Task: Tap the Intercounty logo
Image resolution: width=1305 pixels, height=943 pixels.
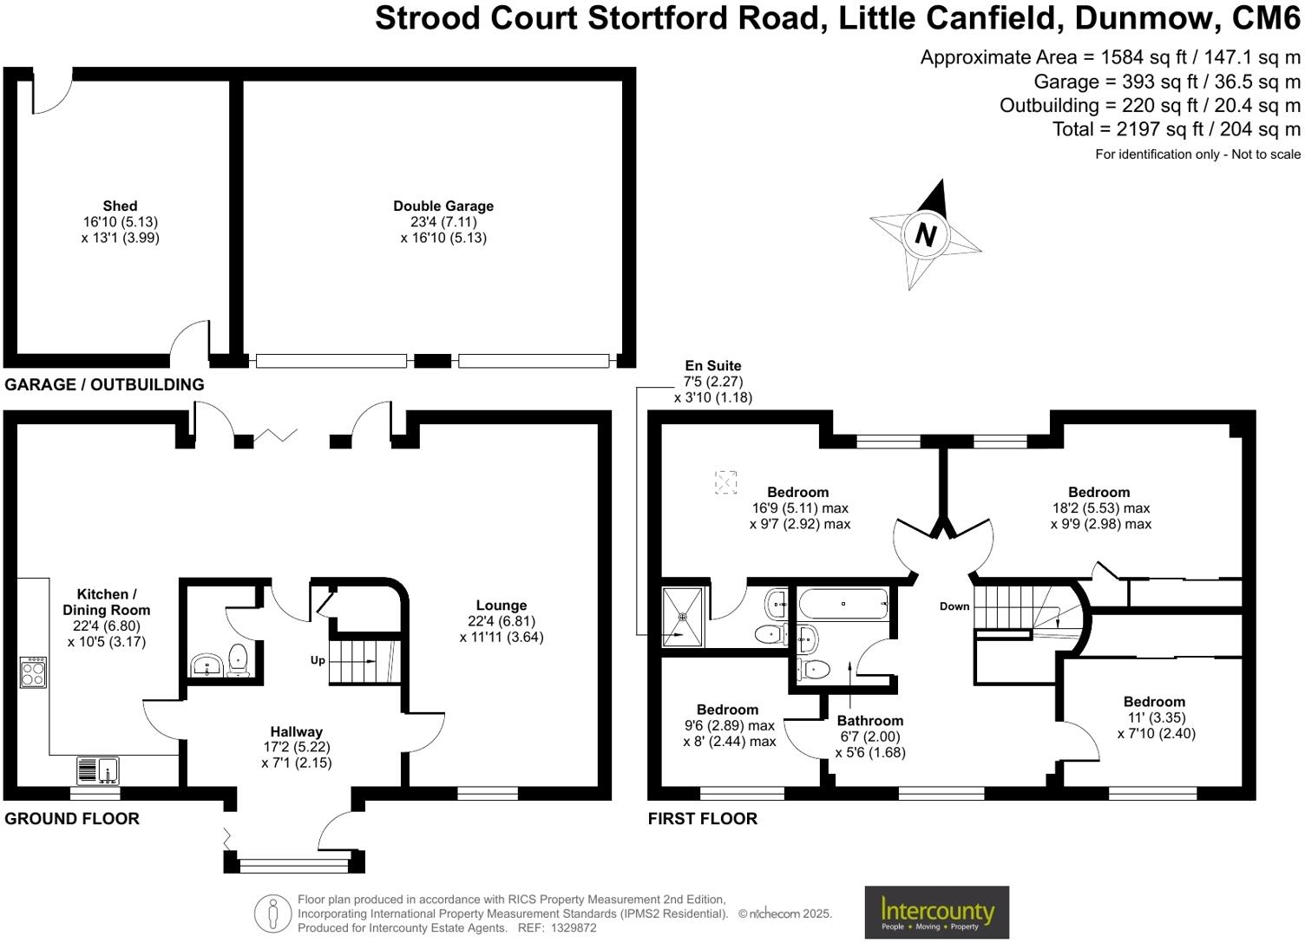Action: tap(937, 912)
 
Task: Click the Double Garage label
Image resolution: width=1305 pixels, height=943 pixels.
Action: tap(443, 206)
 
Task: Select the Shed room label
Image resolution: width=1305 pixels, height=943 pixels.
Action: tap(120, 206)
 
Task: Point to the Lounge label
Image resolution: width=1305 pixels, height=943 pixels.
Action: tap(502, 606)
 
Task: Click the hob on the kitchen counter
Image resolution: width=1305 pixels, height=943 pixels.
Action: tap(33, 672)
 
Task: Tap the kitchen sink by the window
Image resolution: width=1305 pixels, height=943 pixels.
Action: tap(98, 769)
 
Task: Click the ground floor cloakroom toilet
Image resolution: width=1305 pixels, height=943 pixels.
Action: tap(237, 658)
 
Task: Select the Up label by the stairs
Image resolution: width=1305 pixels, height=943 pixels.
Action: tap(318, 660)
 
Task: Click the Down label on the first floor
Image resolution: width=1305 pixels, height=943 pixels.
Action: tap(954, 606)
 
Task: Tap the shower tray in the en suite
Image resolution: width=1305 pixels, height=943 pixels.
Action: tap(683, 617)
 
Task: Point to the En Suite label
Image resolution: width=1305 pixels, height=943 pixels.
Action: tap(712, 366)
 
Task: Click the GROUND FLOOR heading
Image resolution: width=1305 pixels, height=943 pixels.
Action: tap(72, 818)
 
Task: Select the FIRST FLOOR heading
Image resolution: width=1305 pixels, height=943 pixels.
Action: tap(702, 818)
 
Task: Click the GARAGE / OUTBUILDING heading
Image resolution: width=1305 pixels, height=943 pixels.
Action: tap(104, 384)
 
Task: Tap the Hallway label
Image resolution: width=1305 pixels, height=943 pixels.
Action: tap(296, 731)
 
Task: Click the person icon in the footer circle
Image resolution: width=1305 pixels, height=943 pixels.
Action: tap(272, 914)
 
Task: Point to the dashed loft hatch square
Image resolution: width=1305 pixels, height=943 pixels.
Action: tap(725, 481)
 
